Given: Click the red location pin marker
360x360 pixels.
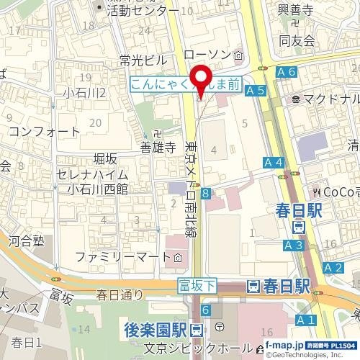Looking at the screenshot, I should [x=199, y=79].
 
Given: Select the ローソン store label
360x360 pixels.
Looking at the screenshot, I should [x=209, y=55].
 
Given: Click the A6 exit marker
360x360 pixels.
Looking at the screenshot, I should [x=286, y=72].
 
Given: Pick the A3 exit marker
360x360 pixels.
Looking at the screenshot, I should [x=293, y=245].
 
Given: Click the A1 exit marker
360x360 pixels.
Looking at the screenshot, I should [x=305, y=319].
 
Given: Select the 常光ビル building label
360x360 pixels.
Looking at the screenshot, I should [x=144, y=59].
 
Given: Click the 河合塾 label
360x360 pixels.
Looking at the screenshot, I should [x=28, y=242].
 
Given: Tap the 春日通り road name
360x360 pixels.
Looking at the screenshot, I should [x=120, y=294].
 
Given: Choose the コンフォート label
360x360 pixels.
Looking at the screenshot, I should [x=45, y=132].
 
